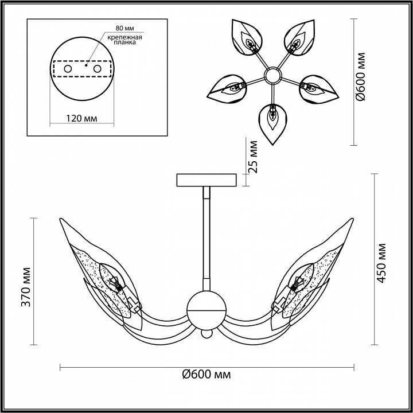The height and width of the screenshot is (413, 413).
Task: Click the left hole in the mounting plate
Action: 68,69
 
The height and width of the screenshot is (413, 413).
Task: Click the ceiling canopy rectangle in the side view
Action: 207,180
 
